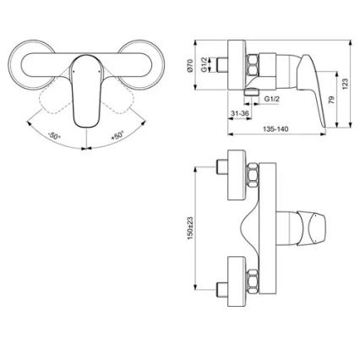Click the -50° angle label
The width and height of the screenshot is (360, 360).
click(x=54, y=135)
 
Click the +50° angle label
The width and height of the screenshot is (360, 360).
click(x=116, y=135)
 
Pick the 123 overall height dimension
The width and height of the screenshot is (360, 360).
click(x=346, y=79)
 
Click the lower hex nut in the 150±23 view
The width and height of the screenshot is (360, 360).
click(x=253, y=278)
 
